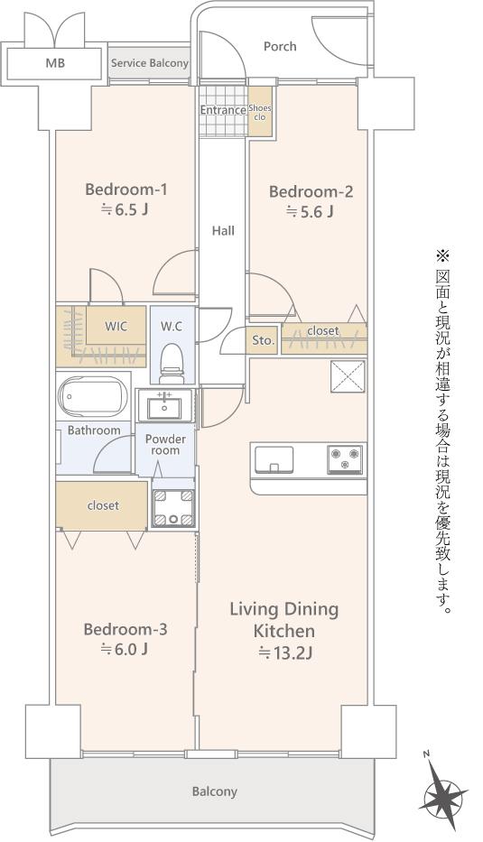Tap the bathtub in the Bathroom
point(92,396)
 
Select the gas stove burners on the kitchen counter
point(344,459)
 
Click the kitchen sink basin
point(274,459)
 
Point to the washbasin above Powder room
point(165,405)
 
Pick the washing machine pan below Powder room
point(173,507)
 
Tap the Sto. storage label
point(264,340)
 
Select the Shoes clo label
point(260,112)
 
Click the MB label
point(55,63)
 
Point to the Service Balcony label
point(149,63)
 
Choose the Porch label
point(280,47)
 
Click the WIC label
point(116,326)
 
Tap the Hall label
point(223,231)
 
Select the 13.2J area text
point(286,653)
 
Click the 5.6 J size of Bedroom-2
point(310,211)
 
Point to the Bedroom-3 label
point(125,629)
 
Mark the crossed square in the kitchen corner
point(348,376)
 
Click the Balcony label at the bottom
point(214,791)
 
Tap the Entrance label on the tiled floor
point(223,110)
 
